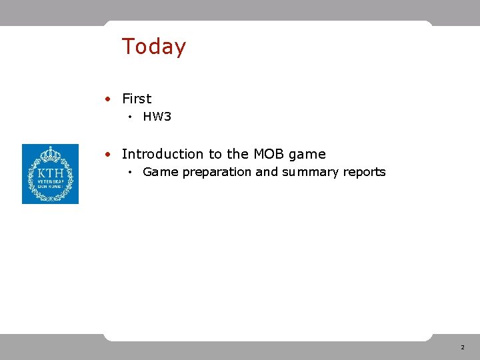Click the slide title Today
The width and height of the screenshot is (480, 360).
[x=154, y=47]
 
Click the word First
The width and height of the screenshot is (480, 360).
[x=137, y=99]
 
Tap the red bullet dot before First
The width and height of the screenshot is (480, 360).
[x=108, y=99]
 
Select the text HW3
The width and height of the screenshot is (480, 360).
[x=157, y=117]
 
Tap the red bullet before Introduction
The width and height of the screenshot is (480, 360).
[x=108, y=154]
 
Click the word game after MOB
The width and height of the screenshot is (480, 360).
[x=307, y=155]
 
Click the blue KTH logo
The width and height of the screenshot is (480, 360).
[x=50, y=174]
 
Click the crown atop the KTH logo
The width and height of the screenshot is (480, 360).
[x=50, y=154]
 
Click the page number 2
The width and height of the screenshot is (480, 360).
[x=461, y=348]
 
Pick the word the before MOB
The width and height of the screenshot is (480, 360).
[x=237, y=154]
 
